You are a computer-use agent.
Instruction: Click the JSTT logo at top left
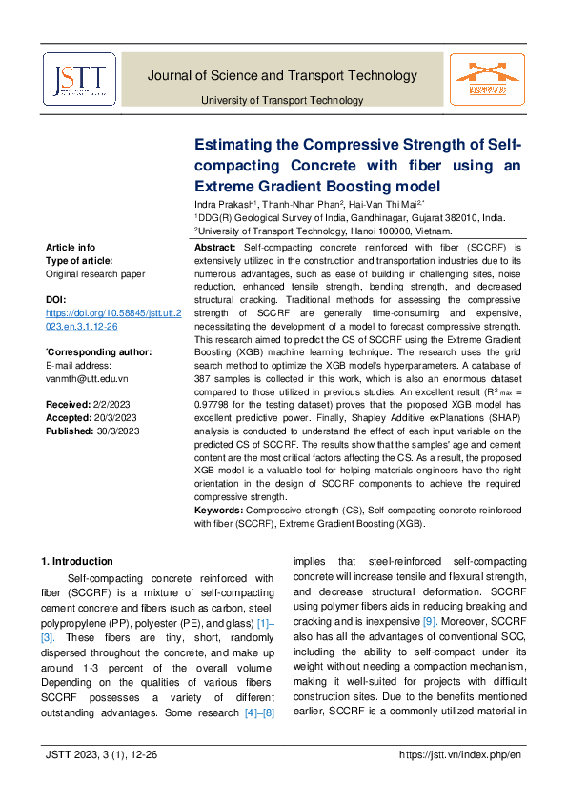[79, 79]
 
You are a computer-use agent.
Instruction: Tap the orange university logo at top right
[488, 79]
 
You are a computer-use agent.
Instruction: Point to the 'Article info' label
[71, 248]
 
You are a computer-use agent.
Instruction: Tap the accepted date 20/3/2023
[124, 418]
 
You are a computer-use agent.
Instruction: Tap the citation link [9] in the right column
[431, 621]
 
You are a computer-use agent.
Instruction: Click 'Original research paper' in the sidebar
[95, 273]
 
